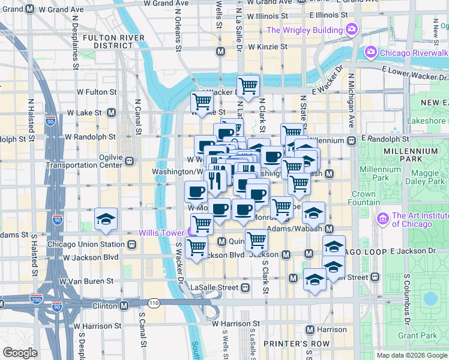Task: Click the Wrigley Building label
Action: [x=306, y=30]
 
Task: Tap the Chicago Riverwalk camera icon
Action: [x=370, y=52]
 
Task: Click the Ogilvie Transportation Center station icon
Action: [x=129, y=161]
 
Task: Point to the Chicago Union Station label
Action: [x=86, y=244]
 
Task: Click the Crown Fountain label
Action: [x=363, y=198]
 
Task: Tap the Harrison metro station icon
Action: [x=310, y=329]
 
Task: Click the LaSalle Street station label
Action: [x=214, y=287]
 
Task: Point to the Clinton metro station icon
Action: [x=124, y=305]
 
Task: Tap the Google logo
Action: [x=20, y=353]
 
